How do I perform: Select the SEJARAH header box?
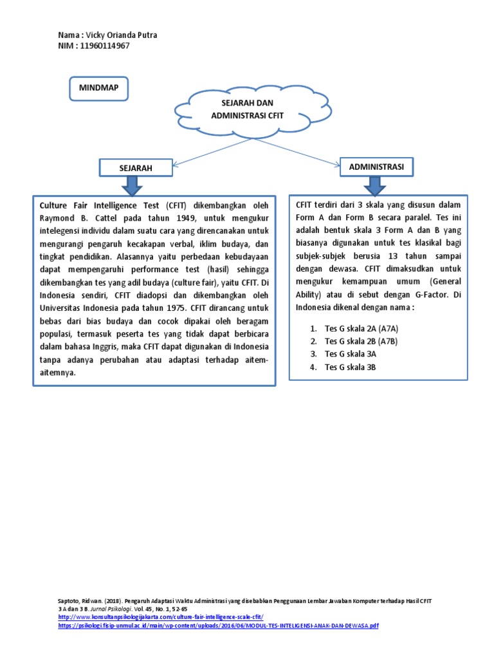[x=136, y=168]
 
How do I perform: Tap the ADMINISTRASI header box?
[x=376, y=167]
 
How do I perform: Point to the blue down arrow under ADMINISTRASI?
[x=376, y=185]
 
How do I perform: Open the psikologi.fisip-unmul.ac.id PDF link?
[x=219, y=626]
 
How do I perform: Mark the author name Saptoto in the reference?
[x=69, y=600]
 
